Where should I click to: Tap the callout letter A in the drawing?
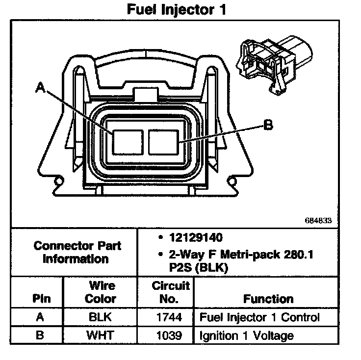[41, 88]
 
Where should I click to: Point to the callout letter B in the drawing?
[268, 126]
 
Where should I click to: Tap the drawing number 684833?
[319, 221]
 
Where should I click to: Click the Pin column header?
[41, 299]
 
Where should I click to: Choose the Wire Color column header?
[101, 292]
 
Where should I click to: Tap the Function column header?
[268, 299]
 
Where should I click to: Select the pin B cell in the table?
[41, 336]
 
